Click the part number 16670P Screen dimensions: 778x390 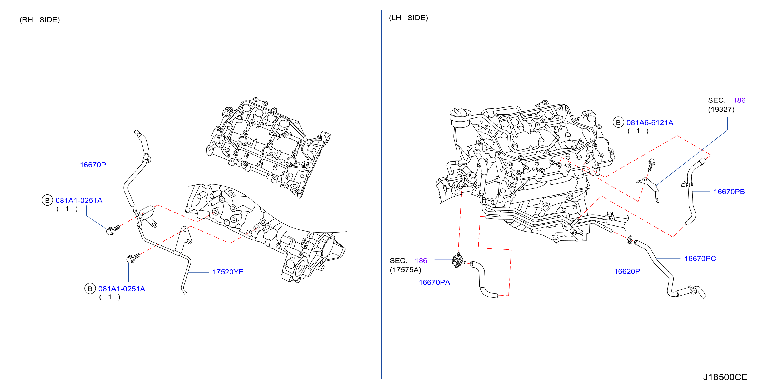pos(93,165)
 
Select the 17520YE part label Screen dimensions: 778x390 pos(228,272)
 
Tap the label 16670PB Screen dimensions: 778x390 pos(729,192)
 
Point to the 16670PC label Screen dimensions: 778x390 pos(700,259)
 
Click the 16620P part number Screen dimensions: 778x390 pos(627,271)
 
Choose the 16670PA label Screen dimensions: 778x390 pos(434,282)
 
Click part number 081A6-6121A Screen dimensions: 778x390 pos(650,122)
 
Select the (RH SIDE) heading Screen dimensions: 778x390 pos(39,20)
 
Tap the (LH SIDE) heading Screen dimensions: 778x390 pos(408,18)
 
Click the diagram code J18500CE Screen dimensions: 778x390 pos(725,377)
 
